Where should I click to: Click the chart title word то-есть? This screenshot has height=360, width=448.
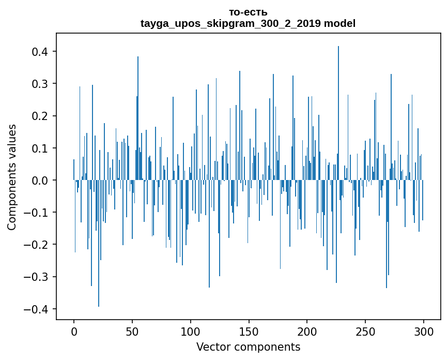click(248, 12)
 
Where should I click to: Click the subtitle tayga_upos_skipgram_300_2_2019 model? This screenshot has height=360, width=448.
click(248, 23)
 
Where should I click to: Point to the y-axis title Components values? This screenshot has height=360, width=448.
click(12, 177)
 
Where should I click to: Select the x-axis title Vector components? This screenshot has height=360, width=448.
click(248, 347)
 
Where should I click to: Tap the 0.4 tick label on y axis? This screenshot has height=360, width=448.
click(40, 52)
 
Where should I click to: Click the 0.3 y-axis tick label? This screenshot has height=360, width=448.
click(40, 84)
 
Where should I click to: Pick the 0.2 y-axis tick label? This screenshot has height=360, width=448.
click(40, 116)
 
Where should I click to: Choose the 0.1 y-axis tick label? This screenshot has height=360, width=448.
click(40, 148)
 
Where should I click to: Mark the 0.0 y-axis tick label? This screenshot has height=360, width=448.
click(40, 181)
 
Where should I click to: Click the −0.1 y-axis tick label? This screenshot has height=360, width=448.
click(37, 213)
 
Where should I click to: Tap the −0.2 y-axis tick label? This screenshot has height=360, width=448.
click(37, 245)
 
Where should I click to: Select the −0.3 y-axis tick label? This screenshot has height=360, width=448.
click(37, 277)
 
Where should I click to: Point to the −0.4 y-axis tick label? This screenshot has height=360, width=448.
click(37, 309)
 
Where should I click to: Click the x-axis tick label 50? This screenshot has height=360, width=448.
click(132, 331)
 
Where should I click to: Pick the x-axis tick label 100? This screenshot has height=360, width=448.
click(191, 331)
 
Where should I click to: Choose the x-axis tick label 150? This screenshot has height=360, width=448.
click(249, 331)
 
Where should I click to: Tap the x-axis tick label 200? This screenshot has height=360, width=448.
click(307, 331)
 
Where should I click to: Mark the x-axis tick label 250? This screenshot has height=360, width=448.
click(365, 331)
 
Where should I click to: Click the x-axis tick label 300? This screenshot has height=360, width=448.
click(424, 331)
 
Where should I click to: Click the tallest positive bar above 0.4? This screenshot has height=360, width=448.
click(338, 103)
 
